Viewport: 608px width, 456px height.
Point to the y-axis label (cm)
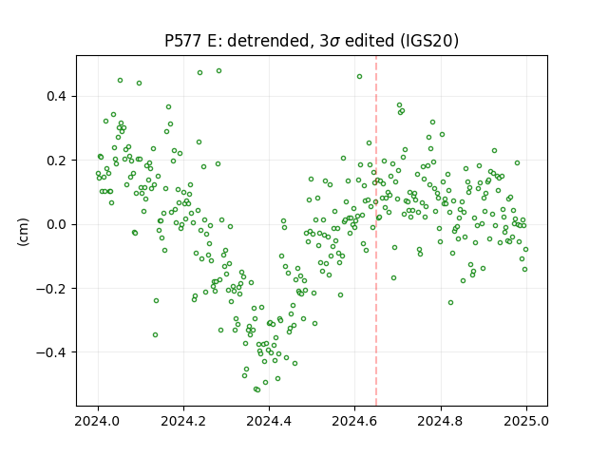23,232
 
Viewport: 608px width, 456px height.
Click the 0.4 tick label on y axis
57,96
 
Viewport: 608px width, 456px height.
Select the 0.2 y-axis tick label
57,161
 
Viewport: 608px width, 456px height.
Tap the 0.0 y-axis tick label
57,224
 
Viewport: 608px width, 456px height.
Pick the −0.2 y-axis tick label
51,289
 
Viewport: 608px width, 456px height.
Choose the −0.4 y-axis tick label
51,352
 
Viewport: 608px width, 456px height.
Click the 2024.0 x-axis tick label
98,421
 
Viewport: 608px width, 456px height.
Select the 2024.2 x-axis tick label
183,421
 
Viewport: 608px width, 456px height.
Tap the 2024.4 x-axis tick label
269,421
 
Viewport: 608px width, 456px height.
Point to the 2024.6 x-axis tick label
354,421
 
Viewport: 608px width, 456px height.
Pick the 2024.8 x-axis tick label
441,421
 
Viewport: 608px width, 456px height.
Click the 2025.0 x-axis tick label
526,421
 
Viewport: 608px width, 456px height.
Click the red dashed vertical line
376,231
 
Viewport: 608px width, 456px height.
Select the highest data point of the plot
218,71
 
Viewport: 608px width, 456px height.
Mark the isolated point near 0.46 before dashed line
359,76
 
